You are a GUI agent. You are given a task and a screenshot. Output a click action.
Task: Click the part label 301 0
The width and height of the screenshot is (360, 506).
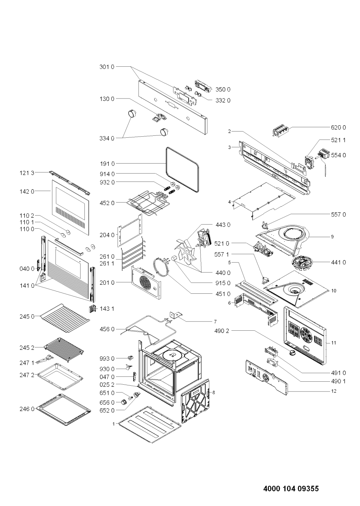click(107, 67)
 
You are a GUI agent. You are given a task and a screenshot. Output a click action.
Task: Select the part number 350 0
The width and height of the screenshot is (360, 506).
click(223, 90)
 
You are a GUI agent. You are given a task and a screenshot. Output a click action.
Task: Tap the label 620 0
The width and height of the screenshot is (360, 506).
click(338, 128)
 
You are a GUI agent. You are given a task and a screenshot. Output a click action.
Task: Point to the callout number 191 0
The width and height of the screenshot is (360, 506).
click(107, 164)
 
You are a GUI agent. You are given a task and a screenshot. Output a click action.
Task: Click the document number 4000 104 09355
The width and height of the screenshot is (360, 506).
click(291, 487)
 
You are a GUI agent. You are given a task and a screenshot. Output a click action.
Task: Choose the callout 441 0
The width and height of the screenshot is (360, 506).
click(338, 263)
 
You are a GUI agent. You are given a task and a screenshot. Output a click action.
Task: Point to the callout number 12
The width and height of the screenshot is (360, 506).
click(334, 391)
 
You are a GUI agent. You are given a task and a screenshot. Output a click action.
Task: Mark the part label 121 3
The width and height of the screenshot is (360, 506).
click(27, 173)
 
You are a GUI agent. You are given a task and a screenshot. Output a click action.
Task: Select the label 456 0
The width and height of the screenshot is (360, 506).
click(107, 329)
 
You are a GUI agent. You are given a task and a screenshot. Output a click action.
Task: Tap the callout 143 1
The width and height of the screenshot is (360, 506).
click(107, 308)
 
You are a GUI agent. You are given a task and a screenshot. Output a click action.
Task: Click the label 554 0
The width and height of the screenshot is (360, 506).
click(338, 155)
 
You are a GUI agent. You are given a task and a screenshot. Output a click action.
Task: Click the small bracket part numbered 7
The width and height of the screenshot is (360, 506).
click(176, 315)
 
